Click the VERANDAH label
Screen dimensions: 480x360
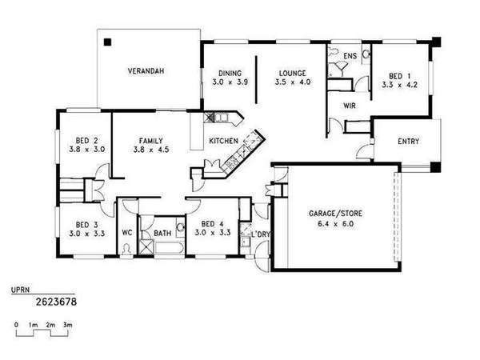146,71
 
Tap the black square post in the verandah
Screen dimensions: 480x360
107,42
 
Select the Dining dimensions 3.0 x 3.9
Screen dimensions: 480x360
230,82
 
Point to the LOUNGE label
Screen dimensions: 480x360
293,74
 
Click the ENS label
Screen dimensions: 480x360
350,56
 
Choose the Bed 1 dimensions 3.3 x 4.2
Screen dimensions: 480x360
399,85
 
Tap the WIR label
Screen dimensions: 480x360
350,106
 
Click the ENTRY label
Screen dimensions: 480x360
408,142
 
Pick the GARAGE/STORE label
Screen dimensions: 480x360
335,214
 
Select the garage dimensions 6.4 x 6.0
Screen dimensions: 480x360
335,224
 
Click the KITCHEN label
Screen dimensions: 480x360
223,141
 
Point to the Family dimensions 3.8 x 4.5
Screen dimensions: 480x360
151,150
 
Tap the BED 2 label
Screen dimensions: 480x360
87,141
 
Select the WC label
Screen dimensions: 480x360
127,233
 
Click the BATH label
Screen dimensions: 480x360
162,234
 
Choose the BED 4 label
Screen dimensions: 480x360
213,224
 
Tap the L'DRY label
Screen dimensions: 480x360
261,234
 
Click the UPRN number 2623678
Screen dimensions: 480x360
56,302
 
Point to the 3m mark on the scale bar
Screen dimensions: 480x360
68,325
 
